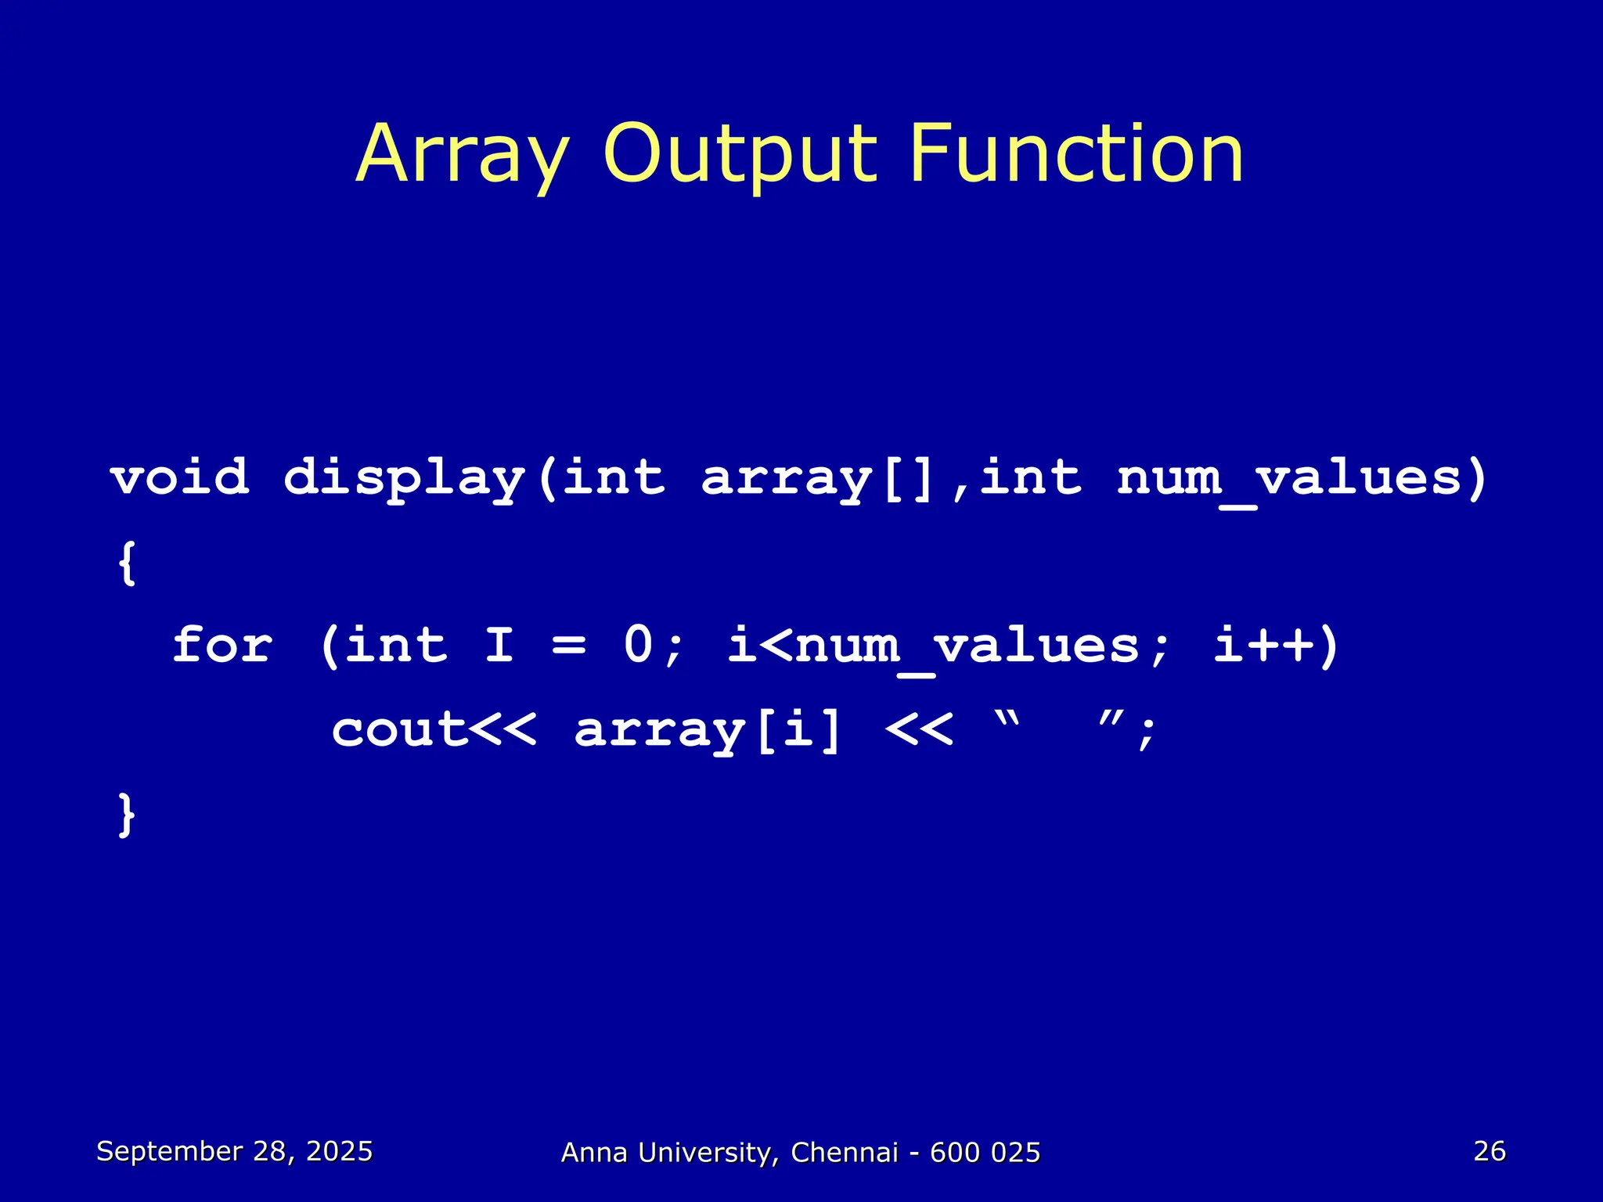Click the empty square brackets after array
[x=908, y=478]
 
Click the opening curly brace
[x=127, y=563]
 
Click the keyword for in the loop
[x=222, y=646]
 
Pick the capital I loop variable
[x=499, y=646]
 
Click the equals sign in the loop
[x=568, y=647]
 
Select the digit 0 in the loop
[x=638, y=646]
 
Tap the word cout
[x=399, y=730]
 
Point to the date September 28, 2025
[x=234, y=1151]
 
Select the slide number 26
[x=1489, y=1151]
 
